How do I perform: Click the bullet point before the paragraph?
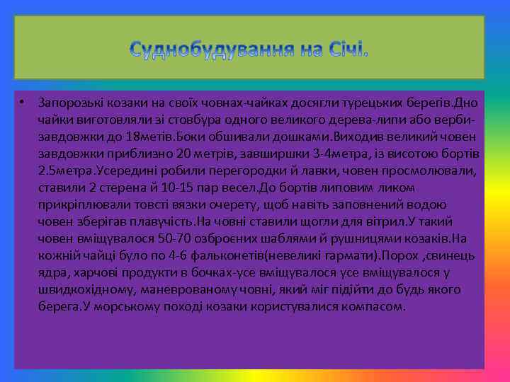[x=23, y=102]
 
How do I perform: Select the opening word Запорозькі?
[x=69, y=103]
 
